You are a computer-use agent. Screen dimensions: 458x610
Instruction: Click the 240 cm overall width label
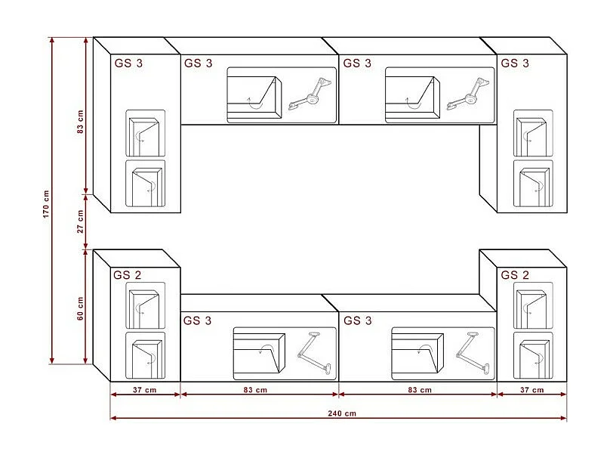pyautogui.click(x=341, y=413)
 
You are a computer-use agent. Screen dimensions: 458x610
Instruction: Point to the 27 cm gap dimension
pyautogui.click(x=81, y=224)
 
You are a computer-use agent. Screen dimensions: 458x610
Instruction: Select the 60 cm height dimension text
pyautogui.click(x=81, y=308)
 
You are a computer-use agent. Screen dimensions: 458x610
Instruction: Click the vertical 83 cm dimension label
pyautogui.click(x=81, y=122)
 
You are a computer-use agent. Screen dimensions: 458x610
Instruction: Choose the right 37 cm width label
pyautogui.click(x=532, y=390)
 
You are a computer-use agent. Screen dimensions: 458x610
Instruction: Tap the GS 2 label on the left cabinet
pyautogui.click(x=128, y=275)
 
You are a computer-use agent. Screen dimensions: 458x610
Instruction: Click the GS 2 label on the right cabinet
pyautogui.click(x=515, y=275)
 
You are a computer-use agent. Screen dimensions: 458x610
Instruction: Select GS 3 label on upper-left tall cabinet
pyautogui.click(x=128, y=63)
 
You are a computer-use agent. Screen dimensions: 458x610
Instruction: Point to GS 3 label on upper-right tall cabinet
pyautogui.click(x=515, y=63)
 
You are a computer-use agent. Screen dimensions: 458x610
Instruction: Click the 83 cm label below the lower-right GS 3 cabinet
pyautogui.click(x=418, y=390)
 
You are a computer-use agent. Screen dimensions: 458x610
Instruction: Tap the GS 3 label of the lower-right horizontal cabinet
pyautogui.click(x=357, y=321)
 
